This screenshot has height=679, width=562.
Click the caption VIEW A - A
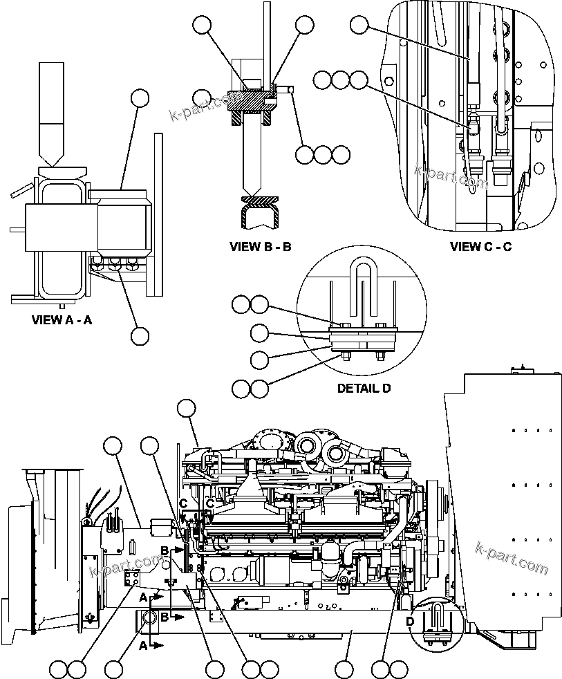click(x=62, y=320)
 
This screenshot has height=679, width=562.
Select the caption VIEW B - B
click(x=260, y=246)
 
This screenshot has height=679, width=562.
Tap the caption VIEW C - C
click(x=480, y=246)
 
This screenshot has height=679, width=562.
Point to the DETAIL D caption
click(x=364, y=389)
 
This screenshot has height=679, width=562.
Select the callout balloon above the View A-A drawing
click(x=140, y=97)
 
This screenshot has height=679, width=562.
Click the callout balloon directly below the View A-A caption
click(x=140, y=336)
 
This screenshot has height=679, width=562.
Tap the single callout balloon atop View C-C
click(x=359, y=26)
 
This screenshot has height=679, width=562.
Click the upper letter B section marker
click(x=165, y=550)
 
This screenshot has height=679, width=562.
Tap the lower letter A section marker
click(x=142, y=645)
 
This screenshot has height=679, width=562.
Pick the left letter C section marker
click(x=183, y=503)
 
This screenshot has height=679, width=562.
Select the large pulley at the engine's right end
click(x=436, y=511)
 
